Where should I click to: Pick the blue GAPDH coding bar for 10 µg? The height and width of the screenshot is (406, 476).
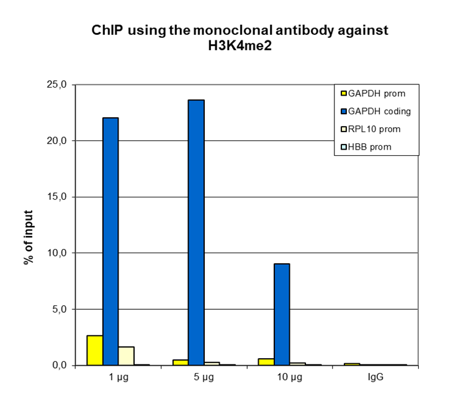282,314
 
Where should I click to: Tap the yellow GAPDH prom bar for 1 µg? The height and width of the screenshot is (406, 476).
95,350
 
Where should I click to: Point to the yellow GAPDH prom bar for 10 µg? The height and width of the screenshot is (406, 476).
266,362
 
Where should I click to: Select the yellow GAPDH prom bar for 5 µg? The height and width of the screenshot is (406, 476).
181,362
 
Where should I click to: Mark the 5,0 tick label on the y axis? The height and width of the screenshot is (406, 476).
62,309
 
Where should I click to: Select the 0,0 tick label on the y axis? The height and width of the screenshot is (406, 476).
62,365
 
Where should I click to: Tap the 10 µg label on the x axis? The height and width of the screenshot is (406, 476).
290,377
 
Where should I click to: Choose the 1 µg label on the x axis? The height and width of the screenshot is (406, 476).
118,377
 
